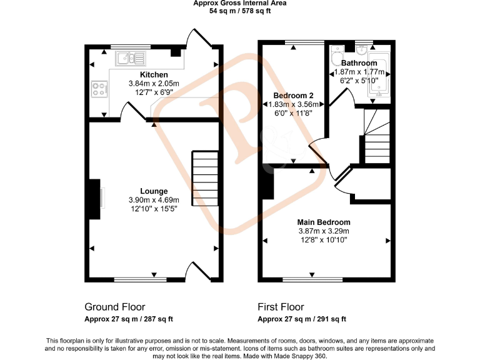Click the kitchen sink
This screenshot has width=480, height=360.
pos(130,58)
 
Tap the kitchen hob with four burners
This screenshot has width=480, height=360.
pos(99,89)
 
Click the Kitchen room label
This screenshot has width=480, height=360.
pos(154,75)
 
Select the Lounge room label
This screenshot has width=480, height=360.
pos(153,191)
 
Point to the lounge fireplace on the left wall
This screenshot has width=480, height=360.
pos(95,199)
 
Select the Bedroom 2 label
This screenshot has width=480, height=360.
pos(293,96)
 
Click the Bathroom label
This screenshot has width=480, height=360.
pos(359,63)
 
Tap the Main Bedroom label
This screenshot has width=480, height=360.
pos(323,222)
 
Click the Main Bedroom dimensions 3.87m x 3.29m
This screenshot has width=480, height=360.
pos(323,231)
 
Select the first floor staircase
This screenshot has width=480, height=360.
pos(376,136)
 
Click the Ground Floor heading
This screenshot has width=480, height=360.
pos(115,307)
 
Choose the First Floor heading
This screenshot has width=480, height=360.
pos(281,307)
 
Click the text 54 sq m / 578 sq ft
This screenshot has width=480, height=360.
pos(239,11)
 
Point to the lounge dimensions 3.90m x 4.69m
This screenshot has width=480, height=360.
pos(153,200)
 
